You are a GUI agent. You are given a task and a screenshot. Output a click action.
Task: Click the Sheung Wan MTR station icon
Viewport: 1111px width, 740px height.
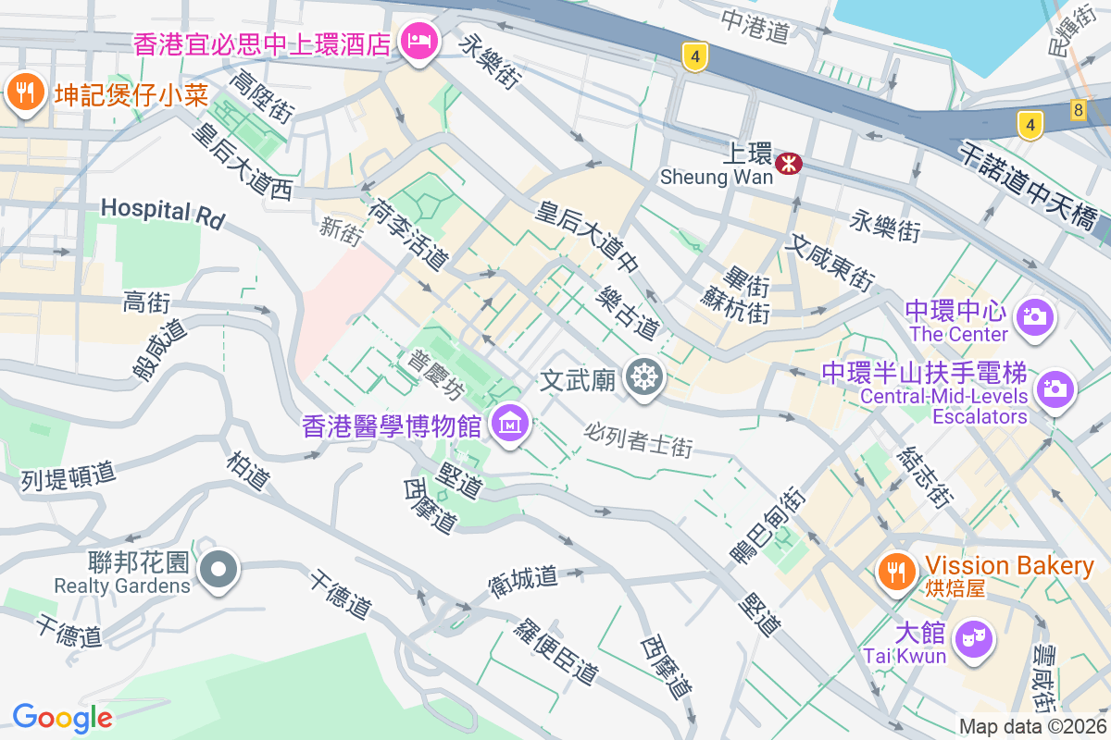pos(790,165)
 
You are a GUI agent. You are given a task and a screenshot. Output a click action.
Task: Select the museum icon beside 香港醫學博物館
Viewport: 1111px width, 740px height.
pos(509,425)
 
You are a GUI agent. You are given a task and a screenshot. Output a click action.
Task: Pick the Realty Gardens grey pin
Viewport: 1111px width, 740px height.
pos(219,568)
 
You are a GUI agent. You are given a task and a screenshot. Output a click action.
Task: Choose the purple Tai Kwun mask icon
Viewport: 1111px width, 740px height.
pos(973,637)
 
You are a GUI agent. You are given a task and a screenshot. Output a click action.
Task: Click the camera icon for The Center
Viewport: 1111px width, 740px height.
pos(1035,317)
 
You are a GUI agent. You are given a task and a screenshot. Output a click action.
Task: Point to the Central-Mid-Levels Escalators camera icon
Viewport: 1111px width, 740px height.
pos(1055,388)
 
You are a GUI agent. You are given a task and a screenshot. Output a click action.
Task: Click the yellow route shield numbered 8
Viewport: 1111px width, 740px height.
pos(1078,108)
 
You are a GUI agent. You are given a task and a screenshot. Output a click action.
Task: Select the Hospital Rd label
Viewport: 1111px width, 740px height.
pos(162,212)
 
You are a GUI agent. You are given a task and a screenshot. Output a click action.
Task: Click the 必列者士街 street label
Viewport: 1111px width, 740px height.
pos(639,439)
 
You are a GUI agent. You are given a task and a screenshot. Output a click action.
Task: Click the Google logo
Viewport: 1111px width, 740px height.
pos(62,717)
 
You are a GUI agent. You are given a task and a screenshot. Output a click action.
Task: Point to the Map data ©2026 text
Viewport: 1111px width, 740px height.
pos(1031,727)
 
